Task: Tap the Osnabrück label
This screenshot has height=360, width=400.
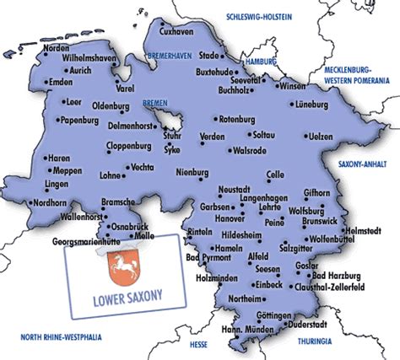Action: pyautogui.click(x=131, y=226)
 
